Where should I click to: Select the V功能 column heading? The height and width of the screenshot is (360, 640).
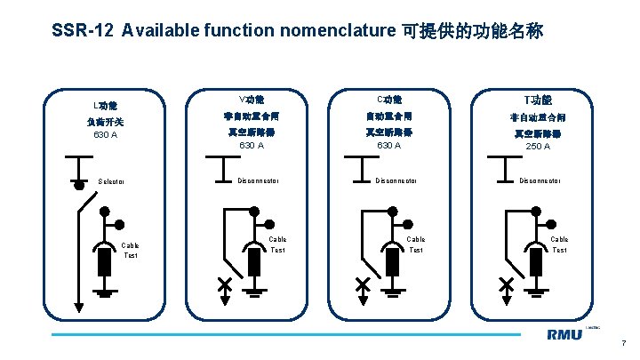[252, 99]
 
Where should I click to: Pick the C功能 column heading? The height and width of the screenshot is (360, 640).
[389, 99]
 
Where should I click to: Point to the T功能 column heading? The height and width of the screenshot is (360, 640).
[538, 100]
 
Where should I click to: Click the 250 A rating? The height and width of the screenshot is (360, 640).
[538, 146]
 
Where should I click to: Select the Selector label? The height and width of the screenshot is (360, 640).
[111, 182]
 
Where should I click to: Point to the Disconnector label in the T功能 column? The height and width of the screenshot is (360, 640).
[540, 180]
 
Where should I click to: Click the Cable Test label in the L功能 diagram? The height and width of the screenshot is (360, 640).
[131, 251]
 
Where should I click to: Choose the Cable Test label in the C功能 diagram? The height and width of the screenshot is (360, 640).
[415, 244]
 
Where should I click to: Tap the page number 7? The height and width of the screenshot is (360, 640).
[624, 343]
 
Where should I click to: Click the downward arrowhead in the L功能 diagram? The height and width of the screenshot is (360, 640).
[79, 307]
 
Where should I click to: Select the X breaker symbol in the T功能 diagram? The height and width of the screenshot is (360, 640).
[507, 284]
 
